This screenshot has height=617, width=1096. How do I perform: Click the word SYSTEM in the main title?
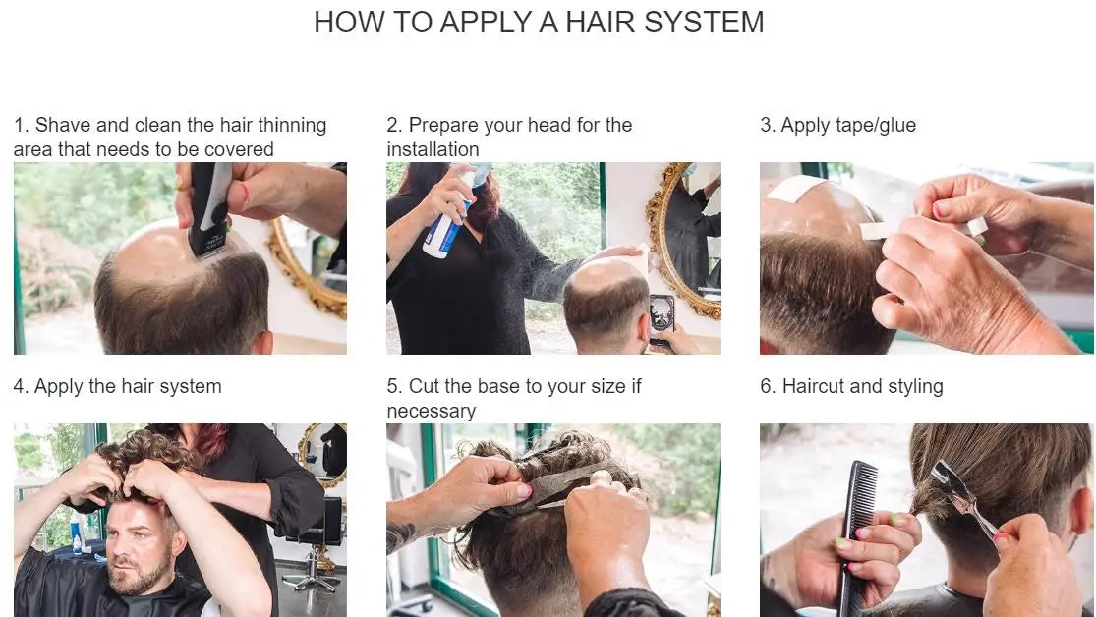[704, 23]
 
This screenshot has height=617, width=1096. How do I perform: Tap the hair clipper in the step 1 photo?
[208, 208]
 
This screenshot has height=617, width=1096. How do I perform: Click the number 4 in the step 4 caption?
[19, 386]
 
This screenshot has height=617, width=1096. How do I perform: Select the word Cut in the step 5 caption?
[424, 386]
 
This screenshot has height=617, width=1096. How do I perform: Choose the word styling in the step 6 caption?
[913, 387]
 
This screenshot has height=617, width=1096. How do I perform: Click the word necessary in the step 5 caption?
[432, 412]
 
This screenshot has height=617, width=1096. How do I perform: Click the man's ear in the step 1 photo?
[262, 343]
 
